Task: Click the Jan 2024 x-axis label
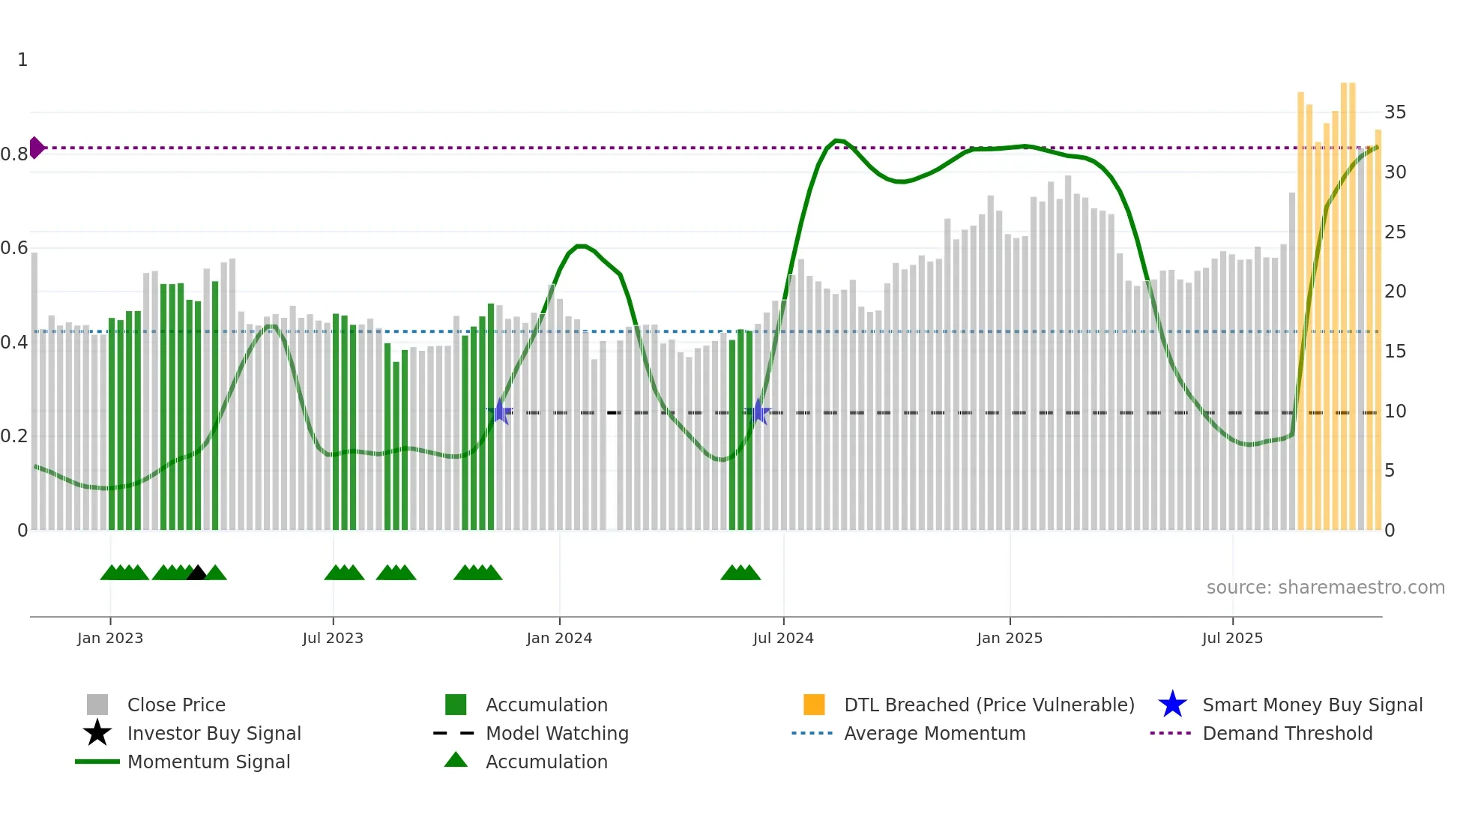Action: (x=559, y=638)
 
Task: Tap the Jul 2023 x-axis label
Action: (x=333, y=638)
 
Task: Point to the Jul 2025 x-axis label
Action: (x=1232, y=638)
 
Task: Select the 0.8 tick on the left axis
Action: (x=14, y=154)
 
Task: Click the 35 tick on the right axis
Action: (x=1395, y=112)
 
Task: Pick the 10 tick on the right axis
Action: (x=1395, y=412)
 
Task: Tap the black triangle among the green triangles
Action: (x=196, y=573)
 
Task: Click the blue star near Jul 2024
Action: (x=758, y=412)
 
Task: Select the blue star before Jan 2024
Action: (x=500, y=412)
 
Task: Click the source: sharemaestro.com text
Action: (x=1325, y=588)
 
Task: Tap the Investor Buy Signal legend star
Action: (x=97, y=733)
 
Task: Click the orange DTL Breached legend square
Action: (x=814, y=705)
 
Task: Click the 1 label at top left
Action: (x=22, y=60)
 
